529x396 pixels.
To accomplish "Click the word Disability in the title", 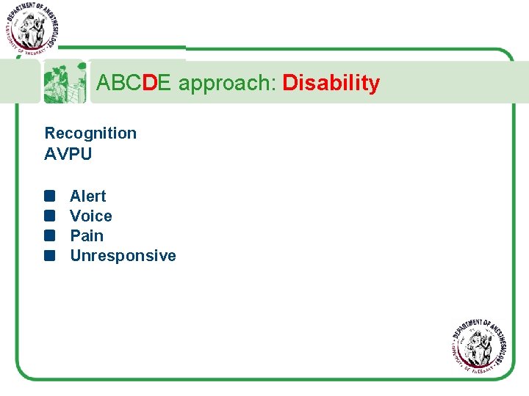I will pos(331,84).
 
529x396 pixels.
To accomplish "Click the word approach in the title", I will pos(225,84).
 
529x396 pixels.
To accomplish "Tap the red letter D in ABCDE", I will pos(149,84).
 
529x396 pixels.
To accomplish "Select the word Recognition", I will pos(90,133).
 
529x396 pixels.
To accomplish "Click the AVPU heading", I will pos(68,154).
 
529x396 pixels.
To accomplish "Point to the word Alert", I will pos(87,197).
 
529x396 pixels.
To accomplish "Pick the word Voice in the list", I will pos(91,216).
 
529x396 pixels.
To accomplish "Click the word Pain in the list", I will pos(87,236).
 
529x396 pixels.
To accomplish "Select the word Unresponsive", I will pos(123,256).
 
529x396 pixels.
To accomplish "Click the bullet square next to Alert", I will pos(49,197).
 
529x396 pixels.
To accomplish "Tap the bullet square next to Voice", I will pos(49,216).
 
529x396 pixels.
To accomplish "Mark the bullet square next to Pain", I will pos(49,236).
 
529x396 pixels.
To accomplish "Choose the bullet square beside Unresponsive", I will pos(49,256).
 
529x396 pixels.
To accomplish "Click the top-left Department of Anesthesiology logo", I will pos(31,27).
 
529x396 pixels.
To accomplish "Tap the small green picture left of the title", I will pos(65,82).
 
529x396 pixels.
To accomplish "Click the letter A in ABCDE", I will pos(104,84).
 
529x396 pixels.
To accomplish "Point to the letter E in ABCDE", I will pos(165,84).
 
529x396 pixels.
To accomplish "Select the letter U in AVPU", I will pos(86,154).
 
